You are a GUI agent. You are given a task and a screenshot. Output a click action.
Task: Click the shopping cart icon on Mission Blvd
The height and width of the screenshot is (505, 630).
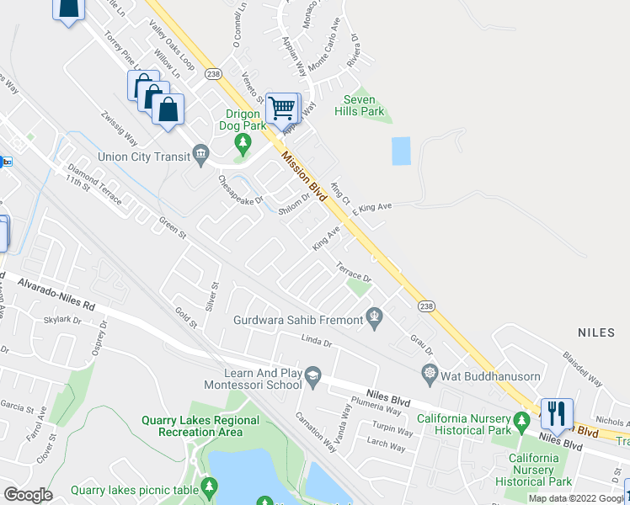pyautogui.click(x=282, y=107)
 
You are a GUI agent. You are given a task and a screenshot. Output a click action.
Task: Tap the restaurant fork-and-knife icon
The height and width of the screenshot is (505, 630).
pyautogui.click(x=556, y=413)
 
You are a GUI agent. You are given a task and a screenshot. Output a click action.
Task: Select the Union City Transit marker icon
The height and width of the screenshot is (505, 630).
pyautogui.click(x=200, y=152)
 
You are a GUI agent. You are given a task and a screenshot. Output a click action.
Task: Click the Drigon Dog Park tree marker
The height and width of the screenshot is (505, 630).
pyautogui.click(x=244, y=142)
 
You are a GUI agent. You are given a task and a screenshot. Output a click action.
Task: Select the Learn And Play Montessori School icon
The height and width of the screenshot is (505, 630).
pyautogui.click(x=312, y=375)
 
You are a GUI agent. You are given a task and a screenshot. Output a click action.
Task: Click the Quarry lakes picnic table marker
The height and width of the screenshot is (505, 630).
pyautogui.click(x=209, y=486)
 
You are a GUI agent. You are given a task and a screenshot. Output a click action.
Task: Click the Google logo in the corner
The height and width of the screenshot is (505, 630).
pyautogui.click(x=28, y=495)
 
